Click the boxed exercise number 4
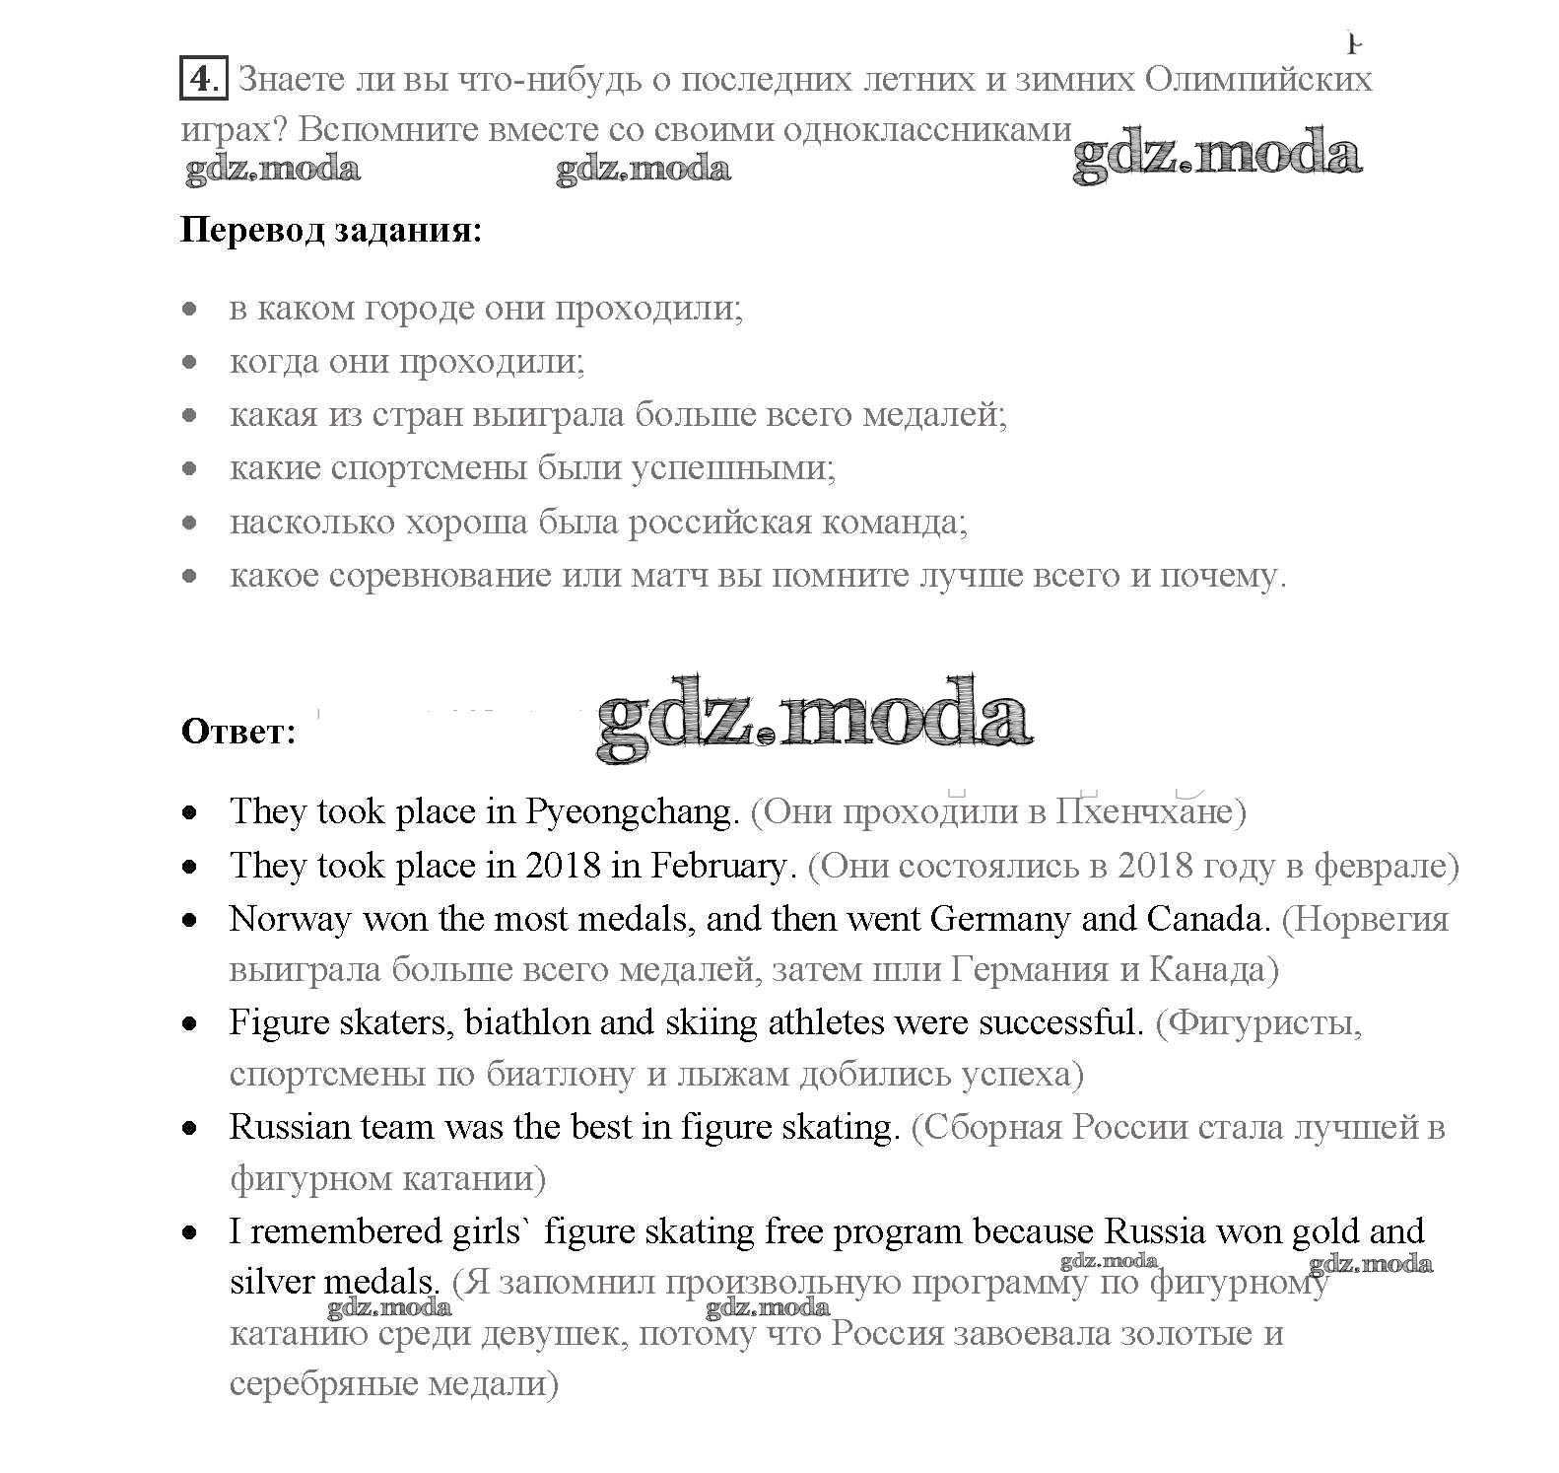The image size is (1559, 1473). (x=203, y=78)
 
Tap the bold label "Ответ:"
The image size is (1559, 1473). (x=238, y=732)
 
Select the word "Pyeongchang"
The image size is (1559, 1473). (x=631, y=812)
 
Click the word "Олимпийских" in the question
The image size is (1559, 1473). (x=1258, y=79)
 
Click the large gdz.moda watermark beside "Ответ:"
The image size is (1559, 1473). (x=814, y=720)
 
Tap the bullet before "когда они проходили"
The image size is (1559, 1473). (x=190, y=362)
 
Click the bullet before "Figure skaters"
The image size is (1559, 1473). (x=190, y=1023)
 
